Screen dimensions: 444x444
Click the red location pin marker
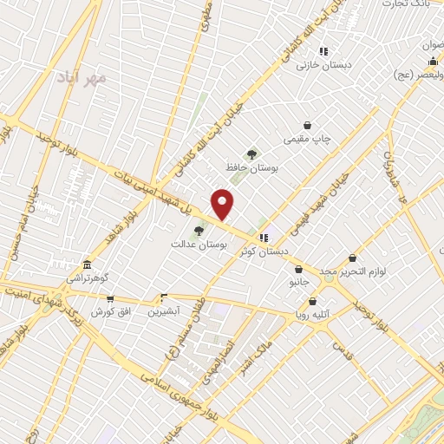tap(223, 204)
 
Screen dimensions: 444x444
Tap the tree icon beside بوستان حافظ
tap(252, 153)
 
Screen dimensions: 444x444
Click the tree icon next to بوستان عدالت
tap(199, 231)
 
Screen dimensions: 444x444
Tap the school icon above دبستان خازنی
tap(323, 51)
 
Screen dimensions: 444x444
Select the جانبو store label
tap(298, 282)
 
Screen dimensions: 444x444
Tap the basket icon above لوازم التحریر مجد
tap(351, 258)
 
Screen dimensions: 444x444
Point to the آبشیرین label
tap(163, 310)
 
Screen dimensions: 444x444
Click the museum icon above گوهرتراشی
tap(86, 265)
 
